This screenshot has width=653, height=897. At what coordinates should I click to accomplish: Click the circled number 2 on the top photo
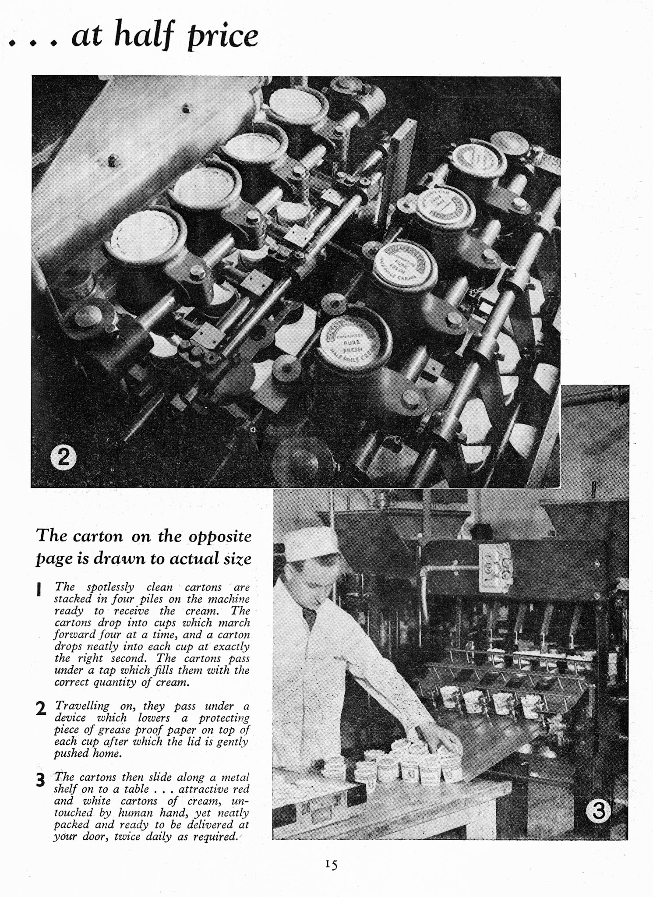63,458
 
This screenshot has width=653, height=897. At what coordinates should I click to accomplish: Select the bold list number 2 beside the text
41,708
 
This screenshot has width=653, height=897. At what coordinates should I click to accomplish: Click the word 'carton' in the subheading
98,537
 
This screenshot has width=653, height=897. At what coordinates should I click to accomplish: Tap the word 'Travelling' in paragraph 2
82,706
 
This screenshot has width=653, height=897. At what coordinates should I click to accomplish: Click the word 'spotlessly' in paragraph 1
110,588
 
